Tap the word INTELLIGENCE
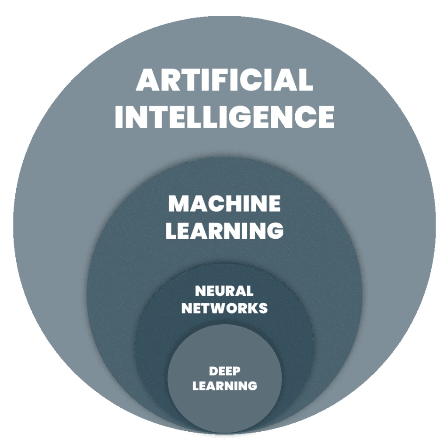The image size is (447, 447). click(224, 117)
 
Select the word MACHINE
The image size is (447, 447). click(224, 203)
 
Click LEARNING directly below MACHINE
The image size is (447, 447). click(224, 230)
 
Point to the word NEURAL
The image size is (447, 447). click(224, 291)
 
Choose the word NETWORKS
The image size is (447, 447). click(224, 308)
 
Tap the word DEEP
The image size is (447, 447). click(225, 371)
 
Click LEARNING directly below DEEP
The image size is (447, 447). click(225, 386)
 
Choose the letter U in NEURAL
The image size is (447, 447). click(219, 291)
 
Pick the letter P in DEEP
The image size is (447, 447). click(236, 371)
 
